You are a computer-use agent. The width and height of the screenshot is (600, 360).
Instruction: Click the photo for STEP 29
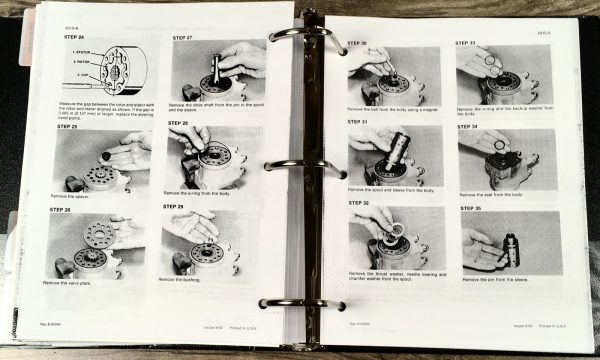coord(213,244)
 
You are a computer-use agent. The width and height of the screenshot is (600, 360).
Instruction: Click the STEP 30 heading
coord(357,43)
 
